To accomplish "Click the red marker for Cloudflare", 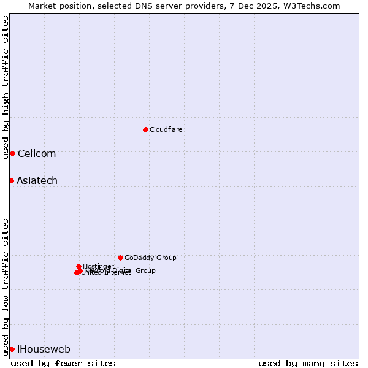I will [x=145, y=129].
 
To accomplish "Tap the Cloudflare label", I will [x=166, y=130].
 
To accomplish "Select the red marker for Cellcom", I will [x=12, y=153].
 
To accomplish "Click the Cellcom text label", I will [x=37, y=154].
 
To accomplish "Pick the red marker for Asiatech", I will [x=11, y=180].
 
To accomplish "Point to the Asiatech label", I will [x=37, y=181].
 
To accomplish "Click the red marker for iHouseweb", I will [x=12, y=349].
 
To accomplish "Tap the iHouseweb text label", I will [x=44, y=350].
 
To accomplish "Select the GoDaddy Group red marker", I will [x=120, y=258].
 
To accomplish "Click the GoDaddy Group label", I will [x=150, y=258].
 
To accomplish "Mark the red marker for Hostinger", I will [x=79, y=266].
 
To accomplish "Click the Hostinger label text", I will [x=98, y=266].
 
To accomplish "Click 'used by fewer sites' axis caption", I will [x=63, y=364].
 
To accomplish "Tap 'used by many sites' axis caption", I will [x=308, y=364].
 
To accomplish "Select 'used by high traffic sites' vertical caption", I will [x=6, y=87].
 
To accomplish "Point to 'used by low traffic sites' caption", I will [x=6, y=286].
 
